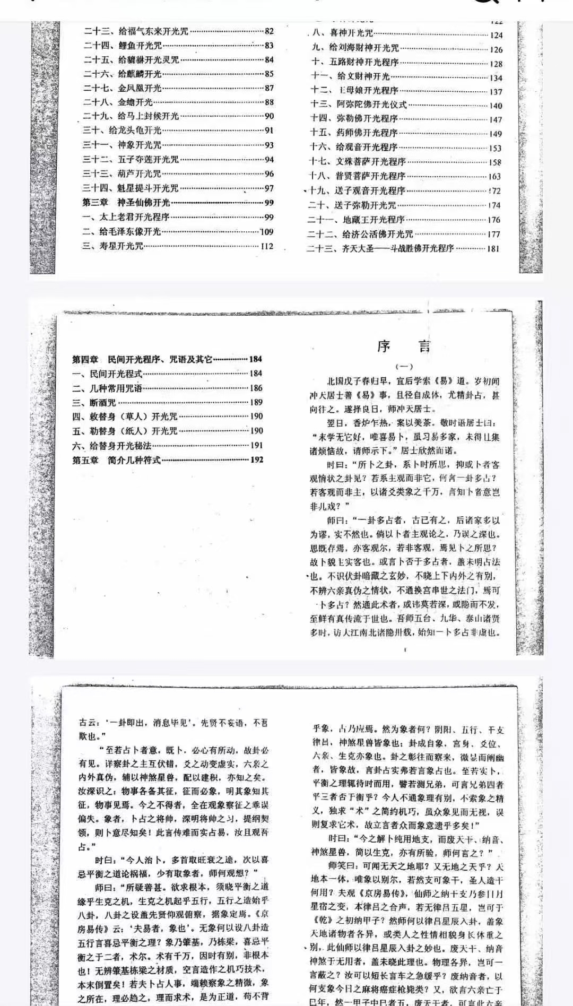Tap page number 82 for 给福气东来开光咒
tap(269, 31)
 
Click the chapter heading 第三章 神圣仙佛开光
tap(126, 202)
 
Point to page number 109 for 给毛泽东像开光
tap(267, 232)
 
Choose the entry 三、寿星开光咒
tap(112, 246)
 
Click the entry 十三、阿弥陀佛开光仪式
tap(359, 105)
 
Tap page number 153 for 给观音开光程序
tap(495, 148)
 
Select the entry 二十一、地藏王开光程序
tap(355, 219)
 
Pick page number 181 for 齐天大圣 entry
tap(493, 248)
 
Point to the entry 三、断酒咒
tap(94, 402)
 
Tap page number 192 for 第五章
tap(257, 460)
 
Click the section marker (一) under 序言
tap(404, 366)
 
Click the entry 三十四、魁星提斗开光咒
tap(130, 188)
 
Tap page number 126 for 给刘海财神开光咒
tap(496, 49)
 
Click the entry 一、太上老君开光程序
tap(126, 217)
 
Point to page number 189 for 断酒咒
tap(256, 402)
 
